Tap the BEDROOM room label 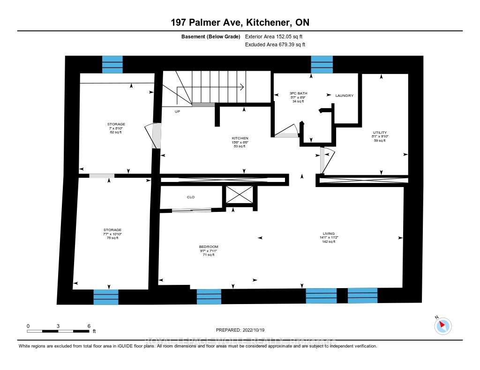coord(209,247)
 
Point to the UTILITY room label coord(380,132)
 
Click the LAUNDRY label coord(344,95)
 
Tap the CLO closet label coord(191,197)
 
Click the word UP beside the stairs coord(177,112)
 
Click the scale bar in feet coord(58,331)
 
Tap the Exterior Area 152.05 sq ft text coord(275,36)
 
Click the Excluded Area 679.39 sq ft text coord(275,45)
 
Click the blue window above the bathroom coord(322,65)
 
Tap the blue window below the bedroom coord(209,297)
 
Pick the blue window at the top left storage coord(112,65)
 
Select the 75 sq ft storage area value coord(112,238)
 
